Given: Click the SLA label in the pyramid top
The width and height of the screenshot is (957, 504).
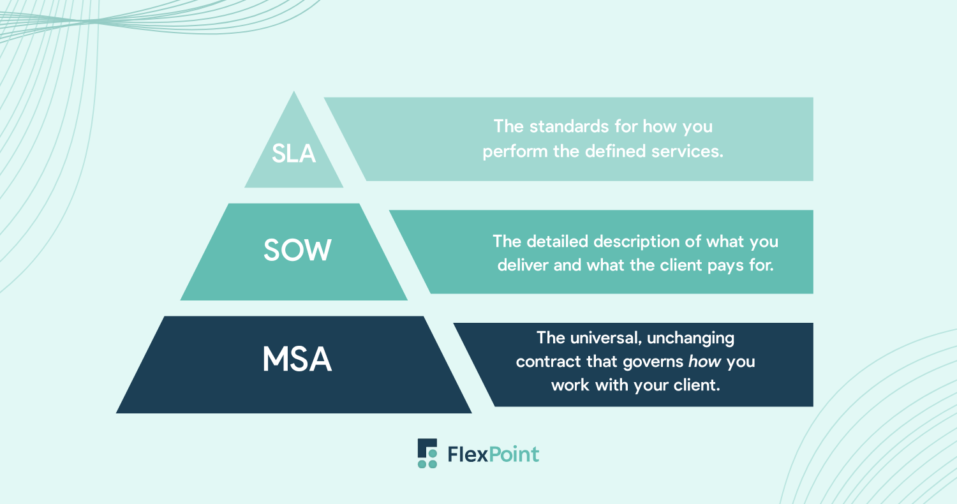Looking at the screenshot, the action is [x=294, y=152].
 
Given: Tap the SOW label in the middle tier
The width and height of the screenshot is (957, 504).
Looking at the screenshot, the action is [x=297, y=251].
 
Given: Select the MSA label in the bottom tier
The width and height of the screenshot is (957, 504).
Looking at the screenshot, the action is [x=297, y=360].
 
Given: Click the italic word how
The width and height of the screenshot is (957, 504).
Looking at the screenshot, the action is [x=704, y=362].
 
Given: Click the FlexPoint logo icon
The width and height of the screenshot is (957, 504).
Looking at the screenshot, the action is [x=427, y=454].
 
